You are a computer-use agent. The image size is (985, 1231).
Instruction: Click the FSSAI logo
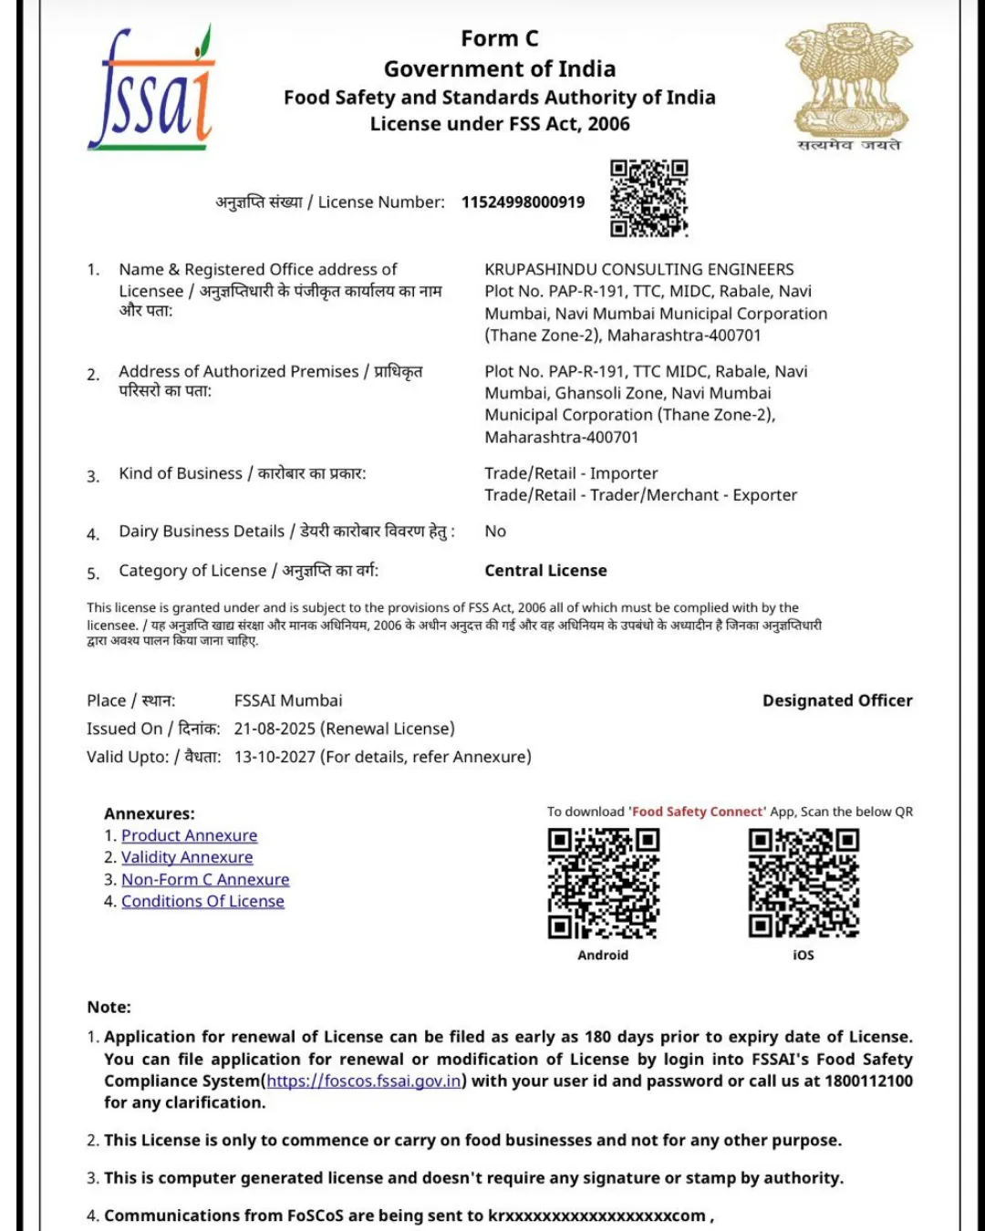[151, 89]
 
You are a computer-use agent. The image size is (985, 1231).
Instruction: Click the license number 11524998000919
[523, 202]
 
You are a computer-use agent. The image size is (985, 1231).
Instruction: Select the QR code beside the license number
[648, 198]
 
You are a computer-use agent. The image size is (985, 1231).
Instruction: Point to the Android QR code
[603, 883]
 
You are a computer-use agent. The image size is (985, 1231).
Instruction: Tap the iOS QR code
[804, 883]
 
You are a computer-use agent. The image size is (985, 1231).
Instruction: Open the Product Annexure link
[190, 836]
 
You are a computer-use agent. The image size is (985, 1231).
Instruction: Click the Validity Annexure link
[187, 858]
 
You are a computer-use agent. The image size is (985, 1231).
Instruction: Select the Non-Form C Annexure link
[205, 880]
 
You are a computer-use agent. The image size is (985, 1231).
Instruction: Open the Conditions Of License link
[202, 902]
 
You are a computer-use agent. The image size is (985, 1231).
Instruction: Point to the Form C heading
[499, 39]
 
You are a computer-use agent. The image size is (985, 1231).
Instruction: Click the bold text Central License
[545, 571]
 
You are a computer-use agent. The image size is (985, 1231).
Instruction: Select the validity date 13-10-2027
[275, 757]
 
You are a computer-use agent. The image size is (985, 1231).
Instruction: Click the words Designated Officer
[837, 701]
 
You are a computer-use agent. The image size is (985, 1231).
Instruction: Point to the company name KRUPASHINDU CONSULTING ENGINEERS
[638, 270]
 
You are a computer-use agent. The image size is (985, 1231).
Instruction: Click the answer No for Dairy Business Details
[495, 532]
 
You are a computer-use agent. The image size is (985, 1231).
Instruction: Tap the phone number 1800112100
[868, 1081]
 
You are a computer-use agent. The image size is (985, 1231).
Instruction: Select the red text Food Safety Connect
[698, 812]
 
